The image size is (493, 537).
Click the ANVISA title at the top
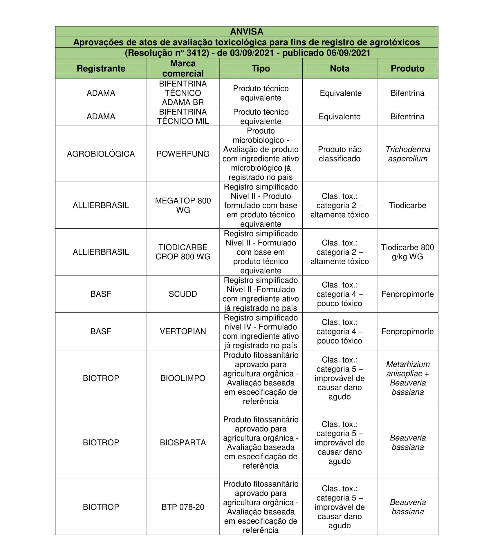tap(246, 32)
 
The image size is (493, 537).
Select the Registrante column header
tap(101, 68)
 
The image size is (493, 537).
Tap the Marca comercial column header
tap(183, 68)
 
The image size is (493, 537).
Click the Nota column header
tap(339, 68)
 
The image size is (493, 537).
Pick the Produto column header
tap(407, 68)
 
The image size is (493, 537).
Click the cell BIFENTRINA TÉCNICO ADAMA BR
tap(183, 93)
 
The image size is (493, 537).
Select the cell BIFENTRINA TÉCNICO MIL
tap(183, 116)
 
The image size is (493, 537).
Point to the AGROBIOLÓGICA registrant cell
tap(101, 154)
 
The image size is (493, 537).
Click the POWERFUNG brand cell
tap(183, 154)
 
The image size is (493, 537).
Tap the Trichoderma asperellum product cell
tap(407, 154)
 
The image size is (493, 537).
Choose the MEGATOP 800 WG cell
tap(183, 205)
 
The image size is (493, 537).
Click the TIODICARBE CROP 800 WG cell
tap(183, 252)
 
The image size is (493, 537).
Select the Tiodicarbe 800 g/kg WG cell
tap(407, 252)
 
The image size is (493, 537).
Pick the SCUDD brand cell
tap(183, 294)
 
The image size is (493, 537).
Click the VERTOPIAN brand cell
tap(183, 331)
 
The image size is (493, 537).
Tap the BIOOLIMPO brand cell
tap(183, 378)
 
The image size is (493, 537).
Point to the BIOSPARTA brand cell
tap(183, 443)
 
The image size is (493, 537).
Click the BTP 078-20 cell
tap(183, 507)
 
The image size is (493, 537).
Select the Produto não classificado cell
tap(339, 154)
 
